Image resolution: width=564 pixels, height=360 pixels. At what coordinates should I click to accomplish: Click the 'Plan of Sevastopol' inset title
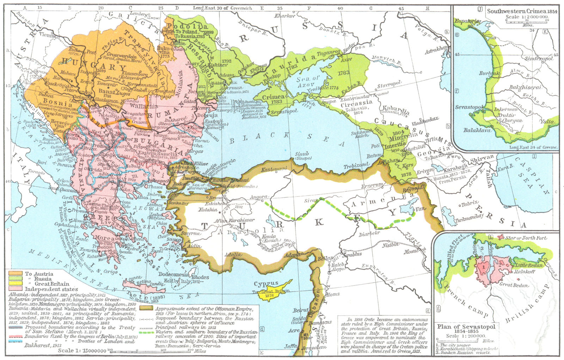(466, 327)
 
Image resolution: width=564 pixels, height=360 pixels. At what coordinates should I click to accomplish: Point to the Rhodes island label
(200, 277)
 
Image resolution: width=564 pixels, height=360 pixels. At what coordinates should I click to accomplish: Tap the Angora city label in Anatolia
(256, 198)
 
